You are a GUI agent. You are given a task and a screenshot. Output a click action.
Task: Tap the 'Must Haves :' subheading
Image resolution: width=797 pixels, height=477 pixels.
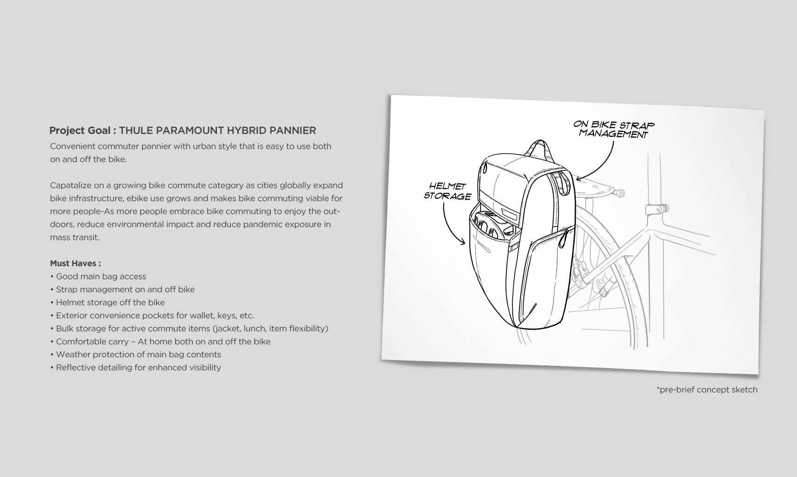tap(75, 263)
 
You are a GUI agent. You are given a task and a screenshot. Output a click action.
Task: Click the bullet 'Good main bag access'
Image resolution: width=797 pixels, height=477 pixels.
tap(101, 276)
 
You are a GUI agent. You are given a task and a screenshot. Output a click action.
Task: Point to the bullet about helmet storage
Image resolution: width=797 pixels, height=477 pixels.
tap(110, 302)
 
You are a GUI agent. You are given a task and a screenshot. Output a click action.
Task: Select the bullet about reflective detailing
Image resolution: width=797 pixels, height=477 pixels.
tap(138, 368)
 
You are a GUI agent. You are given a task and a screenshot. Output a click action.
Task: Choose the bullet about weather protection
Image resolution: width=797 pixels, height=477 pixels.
tap(138, 355)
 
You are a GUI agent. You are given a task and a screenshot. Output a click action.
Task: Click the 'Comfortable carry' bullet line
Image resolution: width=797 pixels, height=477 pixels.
tap(163, 342)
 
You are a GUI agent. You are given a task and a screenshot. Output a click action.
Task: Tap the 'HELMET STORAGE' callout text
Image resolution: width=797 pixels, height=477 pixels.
tap(447, 191)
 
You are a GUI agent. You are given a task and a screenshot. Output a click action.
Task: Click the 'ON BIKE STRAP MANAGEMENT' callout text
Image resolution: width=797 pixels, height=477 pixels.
tap(614, 129)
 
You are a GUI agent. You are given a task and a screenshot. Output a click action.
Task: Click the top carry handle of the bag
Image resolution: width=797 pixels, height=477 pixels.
tap(540, 146)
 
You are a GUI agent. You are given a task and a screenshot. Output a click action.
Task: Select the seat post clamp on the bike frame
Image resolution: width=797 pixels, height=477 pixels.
tap(656, 209)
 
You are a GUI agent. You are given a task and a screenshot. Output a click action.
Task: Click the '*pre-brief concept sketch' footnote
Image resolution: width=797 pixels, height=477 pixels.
tap(707, 390)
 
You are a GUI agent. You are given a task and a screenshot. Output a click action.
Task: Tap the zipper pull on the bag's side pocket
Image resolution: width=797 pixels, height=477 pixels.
tap(565, 236)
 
